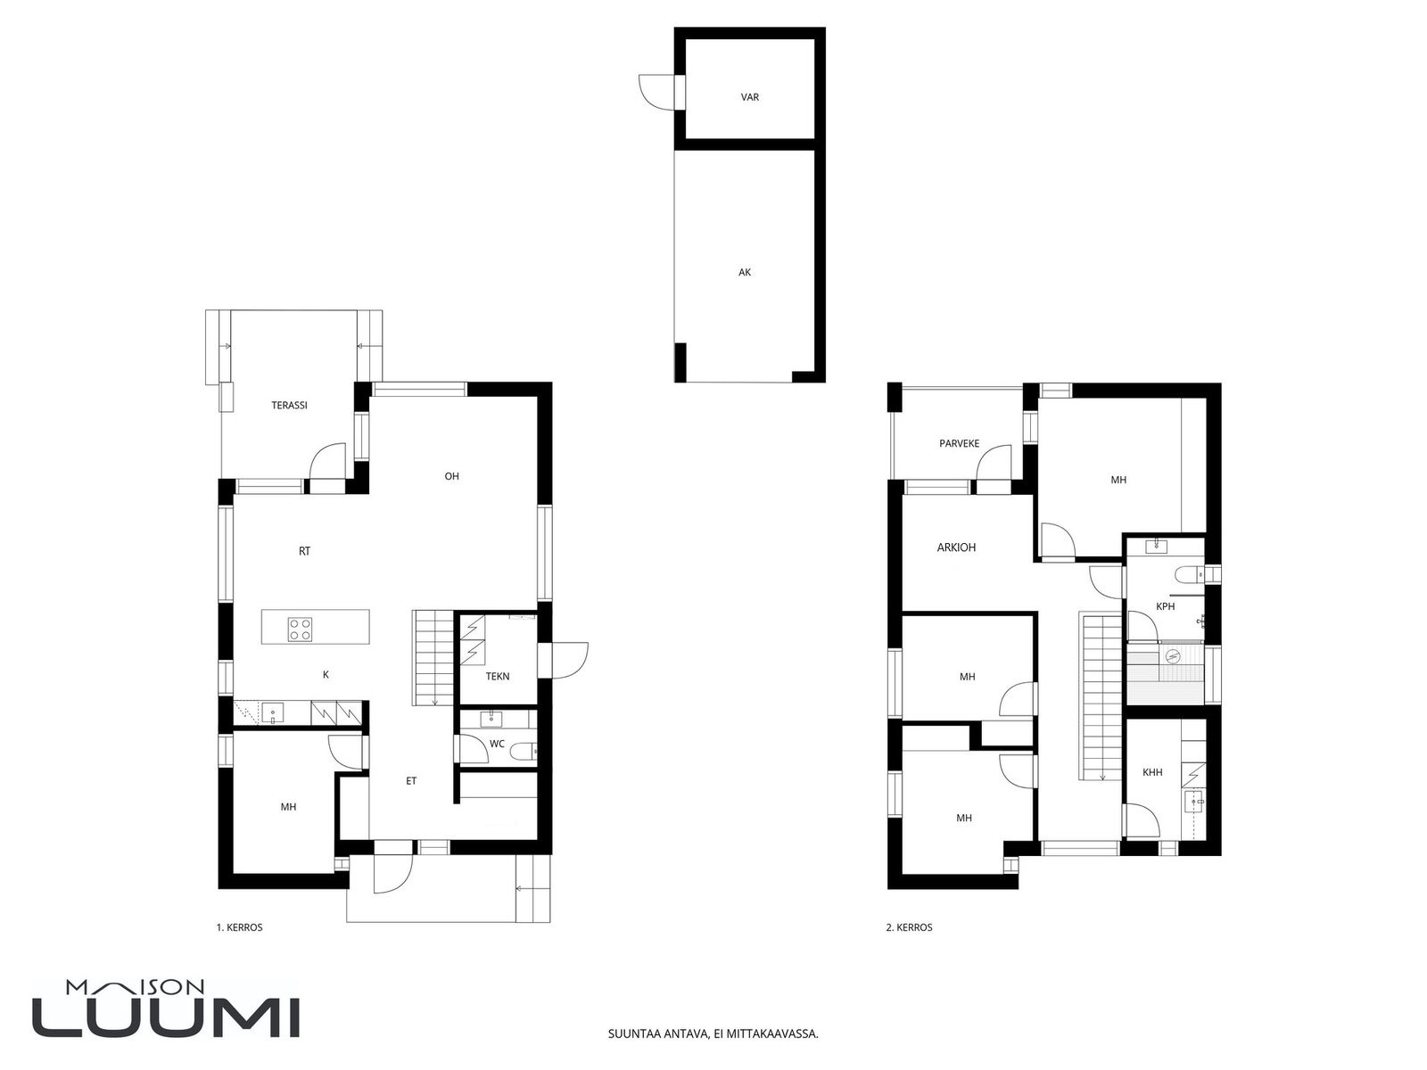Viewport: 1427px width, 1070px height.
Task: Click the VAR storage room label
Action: (x=749, y=97)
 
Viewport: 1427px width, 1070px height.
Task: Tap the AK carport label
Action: (x=745, y=273)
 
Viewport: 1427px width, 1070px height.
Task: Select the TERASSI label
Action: (x=289, y=406)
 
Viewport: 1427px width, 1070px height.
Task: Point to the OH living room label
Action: (x=452, y=476)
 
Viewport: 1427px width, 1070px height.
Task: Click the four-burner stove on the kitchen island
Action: (x=300, y=629)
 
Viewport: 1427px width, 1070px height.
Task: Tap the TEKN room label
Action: (x=498, y=676)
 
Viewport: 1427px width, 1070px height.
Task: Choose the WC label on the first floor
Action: (x=497, y=744)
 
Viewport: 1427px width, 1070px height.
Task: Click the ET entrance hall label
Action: (x=411, y=781)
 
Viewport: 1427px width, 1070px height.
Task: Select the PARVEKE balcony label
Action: (x=959, y=444)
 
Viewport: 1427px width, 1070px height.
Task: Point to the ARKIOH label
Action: (x=956, y=547)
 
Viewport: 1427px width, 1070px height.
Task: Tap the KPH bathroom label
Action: (x=1165, y=607)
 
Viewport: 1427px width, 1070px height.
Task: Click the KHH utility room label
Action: (x=1152, y=772)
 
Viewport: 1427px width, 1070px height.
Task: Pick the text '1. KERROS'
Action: (x=239, y=927)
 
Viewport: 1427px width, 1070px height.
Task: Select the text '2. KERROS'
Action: (x=909, y=927)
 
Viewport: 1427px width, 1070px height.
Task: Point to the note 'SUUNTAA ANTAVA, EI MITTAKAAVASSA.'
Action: (x=713, y=1033)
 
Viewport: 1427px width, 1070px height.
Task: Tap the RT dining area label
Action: (x=304, y=552)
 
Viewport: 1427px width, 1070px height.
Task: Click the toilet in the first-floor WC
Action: (x=524, y=753)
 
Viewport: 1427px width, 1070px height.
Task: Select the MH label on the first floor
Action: (x=288, y=807)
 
